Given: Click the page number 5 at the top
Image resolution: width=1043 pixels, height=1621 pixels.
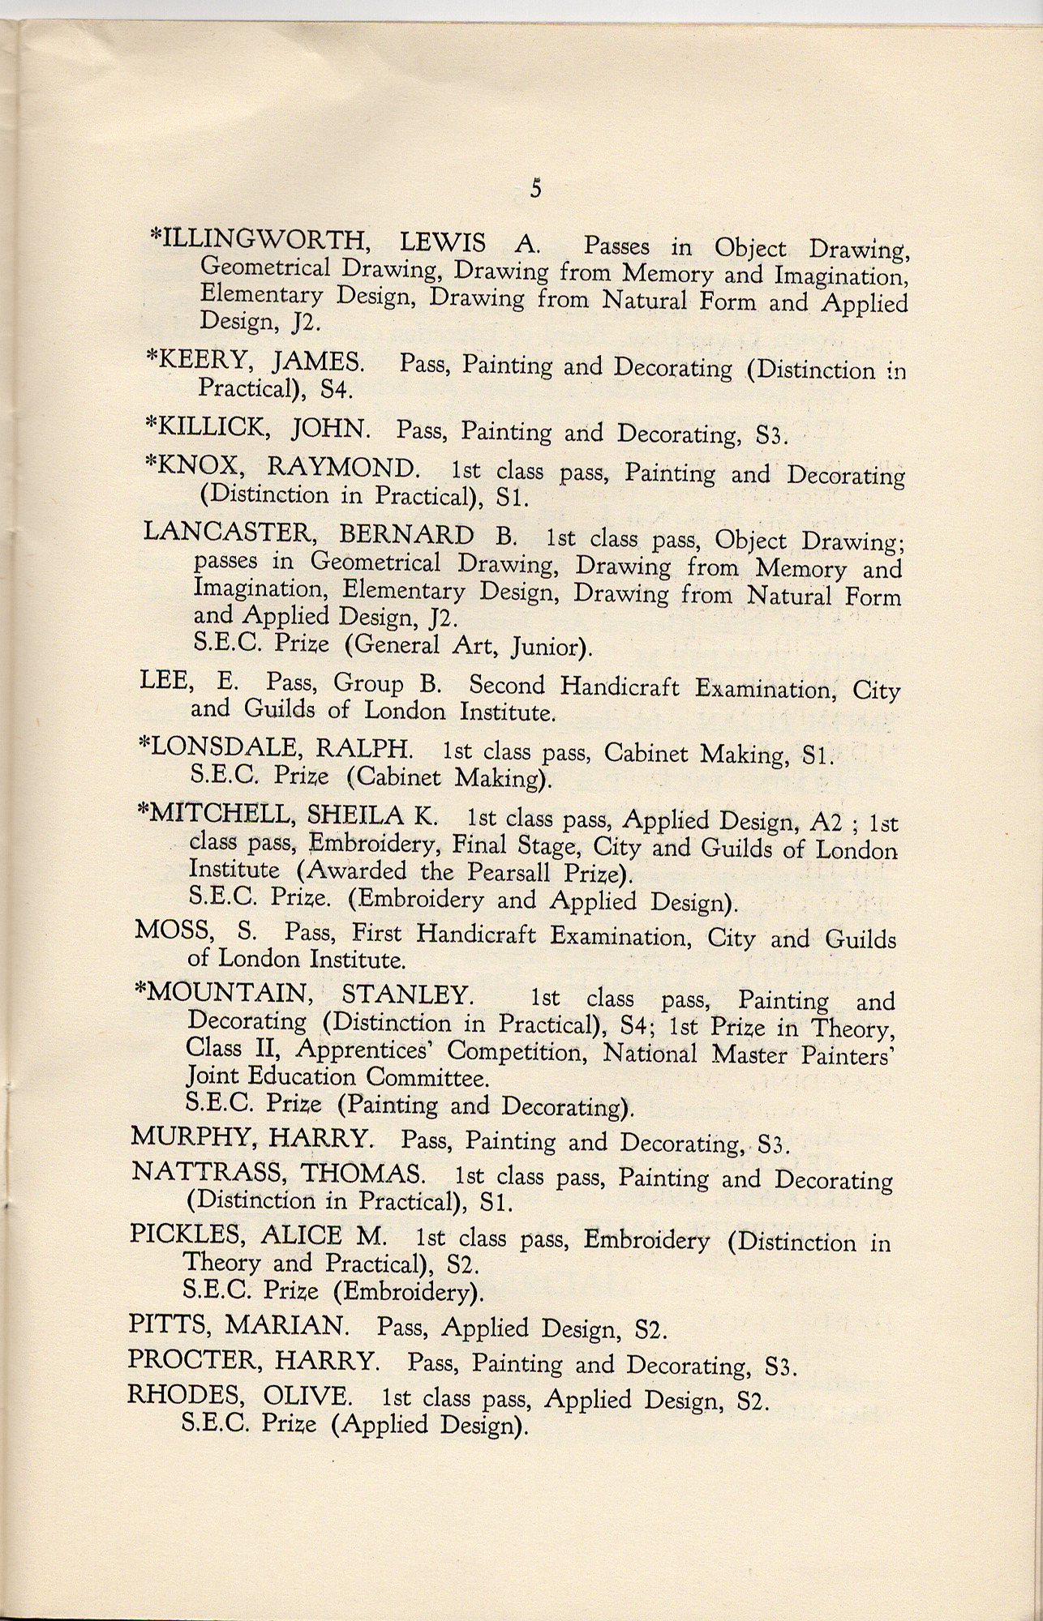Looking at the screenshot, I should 535,189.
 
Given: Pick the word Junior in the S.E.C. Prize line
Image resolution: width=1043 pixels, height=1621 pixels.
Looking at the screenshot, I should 550,647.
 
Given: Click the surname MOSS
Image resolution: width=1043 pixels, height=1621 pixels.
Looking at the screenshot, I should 171,931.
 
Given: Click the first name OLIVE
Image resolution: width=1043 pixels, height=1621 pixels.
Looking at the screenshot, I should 307,1395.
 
